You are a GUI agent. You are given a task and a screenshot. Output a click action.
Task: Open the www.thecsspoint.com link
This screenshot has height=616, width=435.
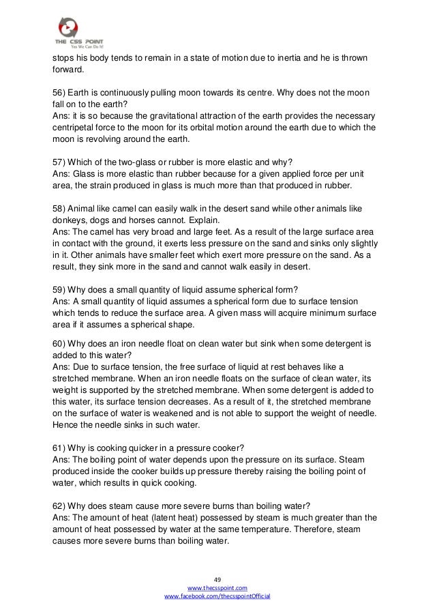(x=217, y=587)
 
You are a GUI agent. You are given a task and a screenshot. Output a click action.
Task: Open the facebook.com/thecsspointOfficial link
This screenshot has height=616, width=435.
(x=217, y=596)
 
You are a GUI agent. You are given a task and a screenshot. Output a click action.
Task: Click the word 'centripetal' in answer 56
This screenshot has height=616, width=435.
(x=77, y=126)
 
